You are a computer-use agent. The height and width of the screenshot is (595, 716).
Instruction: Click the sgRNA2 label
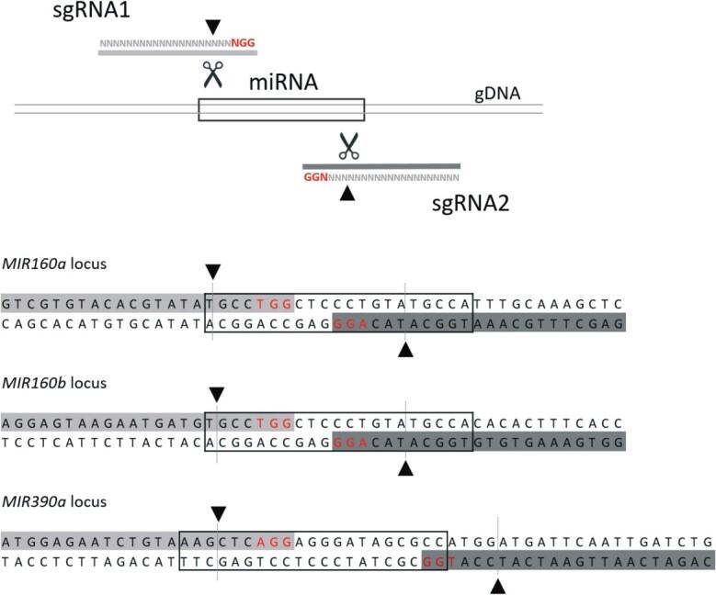point(469,202)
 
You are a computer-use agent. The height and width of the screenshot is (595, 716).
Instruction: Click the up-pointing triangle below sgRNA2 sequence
point(347,193)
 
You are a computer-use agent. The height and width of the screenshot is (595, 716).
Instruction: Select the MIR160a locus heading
point(55,264)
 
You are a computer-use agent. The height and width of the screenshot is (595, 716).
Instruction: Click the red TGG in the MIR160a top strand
point(274,303)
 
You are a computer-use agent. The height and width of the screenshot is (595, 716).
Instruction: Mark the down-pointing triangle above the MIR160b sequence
point(216,394)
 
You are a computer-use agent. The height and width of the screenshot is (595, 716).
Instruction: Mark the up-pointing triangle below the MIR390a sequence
point(497,587)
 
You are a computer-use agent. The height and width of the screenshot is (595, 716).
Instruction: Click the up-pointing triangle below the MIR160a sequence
point(404,350)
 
